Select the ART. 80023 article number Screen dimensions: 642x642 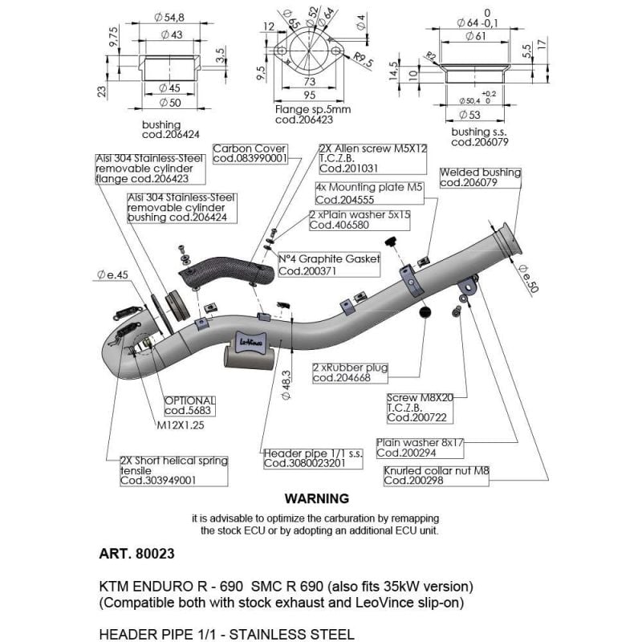click(136, 554)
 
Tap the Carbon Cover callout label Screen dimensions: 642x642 click(250, 153)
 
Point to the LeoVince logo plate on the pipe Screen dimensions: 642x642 click(252, 340)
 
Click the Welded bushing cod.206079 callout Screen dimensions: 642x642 click(480, 177)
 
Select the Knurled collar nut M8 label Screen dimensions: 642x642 click(435, 475)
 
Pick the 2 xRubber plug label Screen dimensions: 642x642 click(350, 372)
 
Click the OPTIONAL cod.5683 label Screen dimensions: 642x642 click(189, 404)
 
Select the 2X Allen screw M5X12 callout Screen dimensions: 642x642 click(363, 158)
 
